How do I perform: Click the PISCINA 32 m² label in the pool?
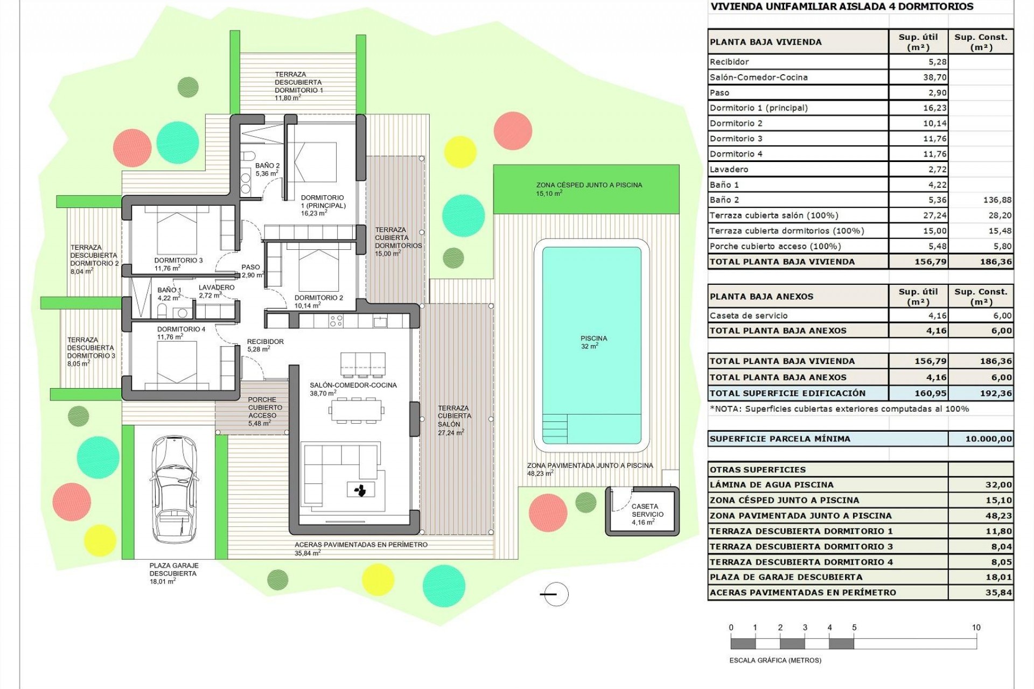[x=593, y=342]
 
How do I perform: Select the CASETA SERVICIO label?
[x=646, y=514]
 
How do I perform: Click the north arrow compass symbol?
[x=555, y=594]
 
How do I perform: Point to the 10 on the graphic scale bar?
[x=976, y=628]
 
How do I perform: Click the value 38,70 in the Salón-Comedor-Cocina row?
[x=934, y=78]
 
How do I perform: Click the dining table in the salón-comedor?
[x=357, y=412]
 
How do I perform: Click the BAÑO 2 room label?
[x=267, y=170]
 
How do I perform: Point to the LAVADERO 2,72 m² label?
[x=216, y=291]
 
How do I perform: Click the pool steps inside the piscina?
[x=555, y=428]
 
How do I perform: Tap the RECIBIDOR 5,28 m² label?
[x=265, y=345]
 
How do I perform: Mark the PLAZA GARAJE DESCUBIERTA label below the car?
[x=173, y=573]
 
